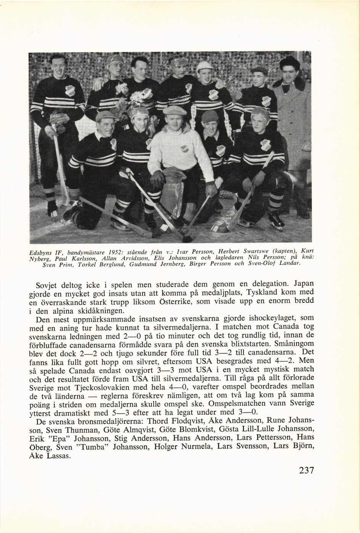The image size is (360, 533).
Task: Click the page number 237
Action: pos(306,470)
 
